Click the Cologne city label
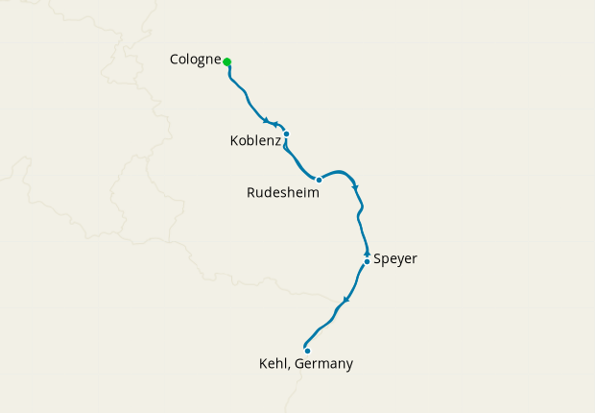coord(195,60)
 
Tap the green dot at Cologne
coord(227,62)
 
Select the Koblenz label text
coord(255,140)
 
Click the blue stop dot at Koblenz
coord(286,134)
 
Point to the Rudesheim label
coord(282,192)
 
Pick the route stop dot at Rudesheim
coord(319,180)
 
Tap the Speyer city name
coord(394,258)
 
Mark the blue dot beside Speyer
coord(367,261)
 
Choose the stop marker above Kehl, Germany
coord(307,351)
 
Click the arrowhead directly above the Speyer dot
coord(367,253)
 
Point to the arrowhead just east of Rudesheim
coord(355,186)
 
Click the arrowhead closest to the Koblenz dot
coord(276,125)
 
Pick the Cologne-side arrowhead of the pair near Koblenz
coord(266,120)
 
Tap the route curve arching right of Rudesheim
coord(342,173)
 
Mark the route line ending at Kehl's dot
coord(312,334)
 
